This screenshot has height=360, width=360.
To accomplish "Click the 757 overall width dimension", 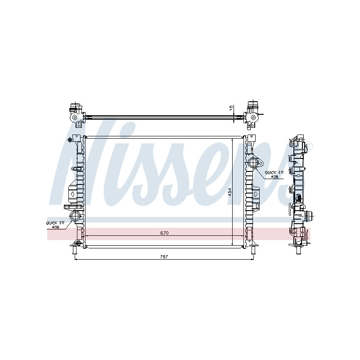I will (164, 256).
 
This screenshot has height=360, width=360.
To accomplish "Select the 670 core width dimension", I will (164, 233).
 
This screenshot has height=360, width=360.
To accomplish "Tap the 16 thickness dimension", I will (231, 108).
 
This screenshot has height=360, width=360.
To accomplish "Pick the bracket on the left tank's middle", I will (72, 193).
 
